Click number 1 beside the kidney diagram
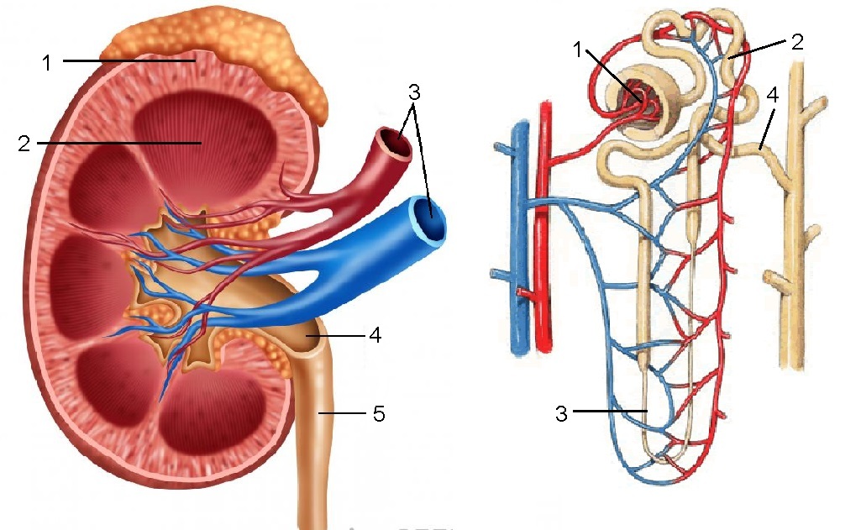pyautogui.click(x=49, y=62)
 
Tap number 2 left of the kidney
pyautogui.click(x=24, y=144)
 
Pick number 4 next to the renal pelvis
pyautogui.click(x=375, y=336)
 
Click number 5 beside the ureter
pyautogui.click(x=378, y=414)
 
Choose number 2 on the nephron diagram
pyautogui.click(x=796, y=41)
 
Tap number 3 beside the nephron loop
pyautogui.click(x=562, y=412)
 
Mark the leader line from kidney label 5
pyautogui.click(x=343, y=414)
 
